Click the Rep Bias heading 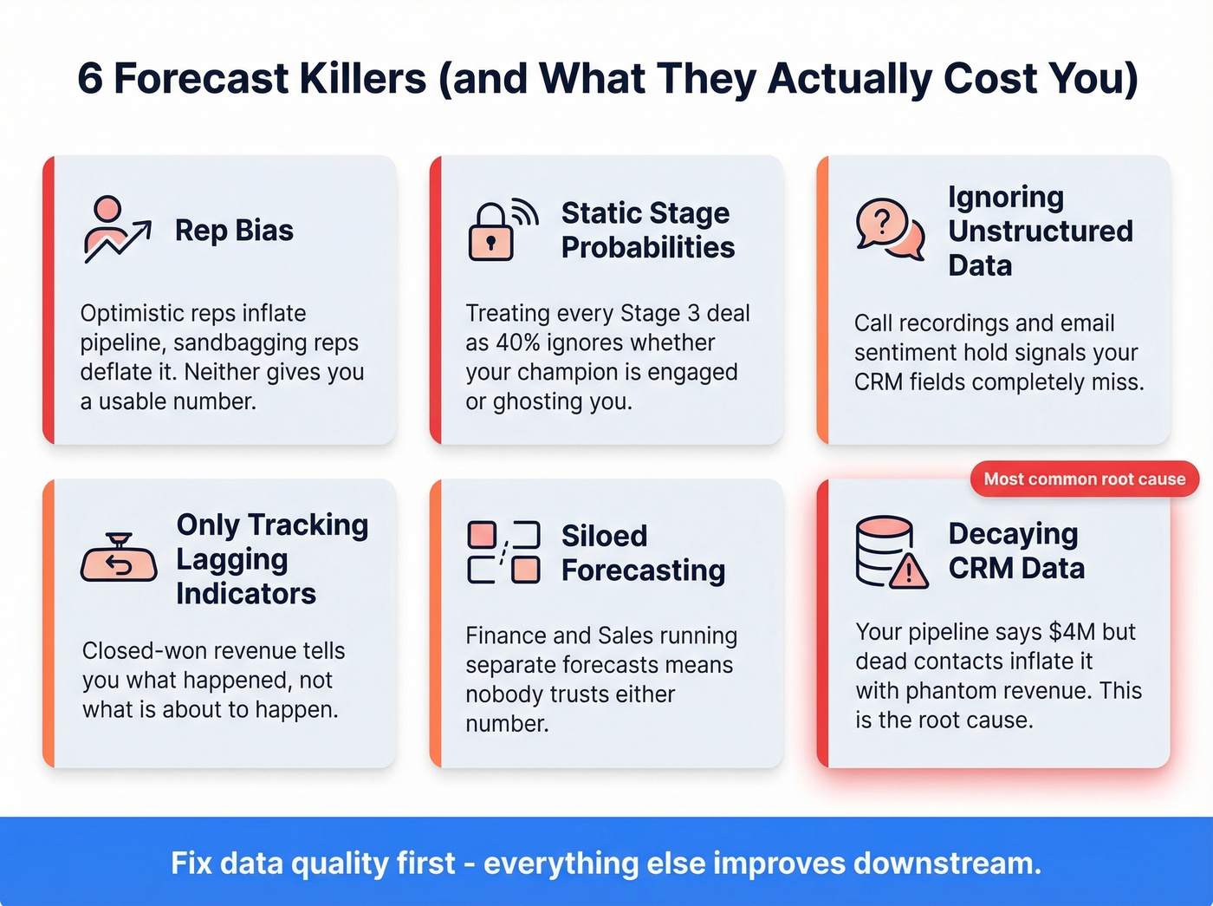(x=234, y=231)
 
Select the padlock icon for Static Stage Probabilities (x=492, y=231)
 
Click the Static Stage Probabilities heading (x=647, y=231)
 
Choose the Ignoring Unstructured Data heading (x=1040, y=231)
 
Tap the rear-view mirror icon (x=119, y=560)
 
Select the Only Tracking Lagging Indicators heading (x=272, y=559)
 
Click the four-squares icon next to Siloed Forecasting (x=503, y=552)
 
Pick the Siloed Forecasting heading (x=643, y=553)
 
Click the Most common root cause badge (x=1084, y=479)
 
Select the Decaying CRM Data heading (x=1016, y=551)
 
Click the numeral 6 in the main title (x=90, y=79)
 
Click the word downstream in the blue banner (x=947, y=864)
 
